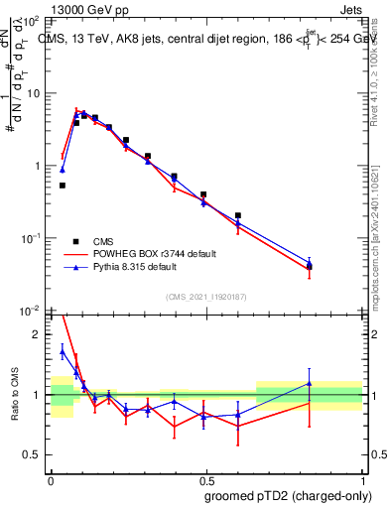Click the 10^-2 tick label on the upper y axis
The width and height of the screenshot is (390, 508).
(32, 311)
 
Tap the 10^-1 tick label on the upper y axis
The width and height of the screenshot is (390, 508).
(32, 238)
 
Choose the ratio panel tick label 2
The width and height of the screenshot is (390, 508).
(41, 334)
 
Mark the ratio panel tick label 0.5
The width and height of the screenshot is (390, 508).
(37, 454)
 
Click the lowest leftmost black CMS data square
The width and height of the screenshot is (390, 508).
(63, 186)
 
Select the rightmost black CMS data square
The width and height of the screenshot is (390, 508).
(310, 266)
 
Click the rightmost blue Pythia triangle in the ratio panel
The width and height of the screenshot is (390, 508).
(310, 383)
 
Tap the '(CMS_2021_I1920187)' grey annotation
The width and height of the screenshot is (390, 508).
(205, 297)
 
